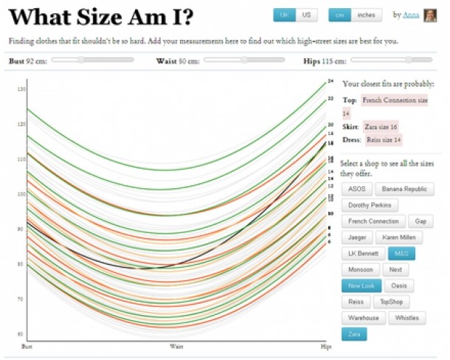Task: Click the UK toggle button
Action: click(x=284, y=15)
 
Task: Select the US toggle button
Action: click(x=305, y=15)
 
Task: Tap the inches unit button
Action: click(x=365, y=15)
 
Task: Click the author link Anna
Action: click(x=412, y=15)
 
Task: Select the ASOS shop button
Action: click(x=356, y=189)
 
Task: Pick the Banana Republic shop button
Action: click(x=404, y=189)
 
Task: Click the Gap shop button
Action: click(x=420, y=221)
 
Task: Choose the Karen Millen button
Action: click(x=399, y=238)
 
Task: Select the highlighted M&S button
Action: click(x=401, y=254)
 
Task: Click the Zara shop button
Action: click(x=355, y=334)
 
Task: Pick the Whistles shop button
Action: click(x=407, y=318)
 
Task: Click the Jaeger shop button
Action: click(x=357, y=238)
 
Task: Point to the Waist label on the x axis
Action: click(x=177, y=345)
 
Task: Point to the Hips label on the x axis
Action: click(x=325, y=345)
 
